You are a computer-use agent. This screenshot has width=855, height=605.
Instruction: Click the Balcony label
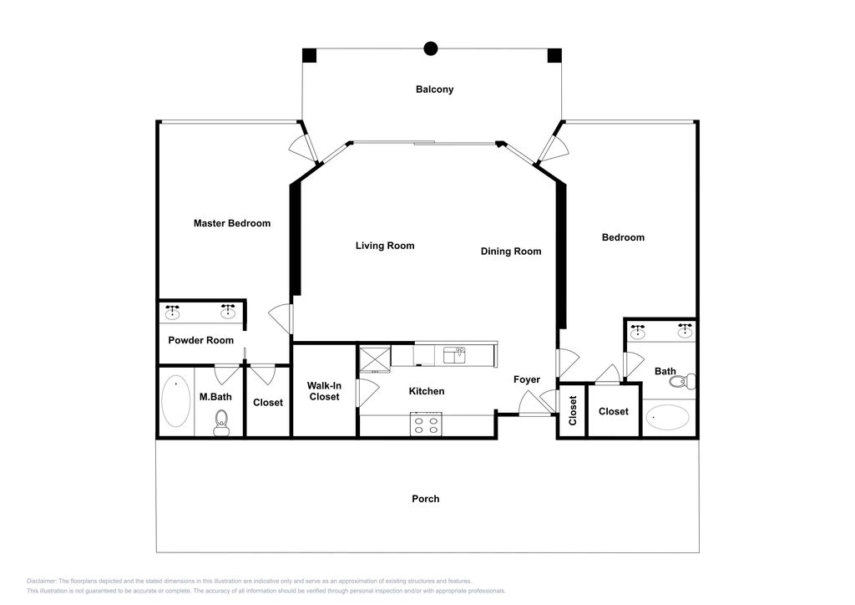pos(435,89)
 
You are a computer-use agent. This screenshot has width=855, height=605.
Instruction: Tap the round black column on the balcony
pos(431,48)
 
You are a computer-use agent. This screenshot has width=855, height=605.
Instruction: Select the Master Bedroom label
pos(232,223)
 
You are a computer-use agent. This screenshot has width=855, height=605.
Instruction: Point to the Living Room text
pos(385,246)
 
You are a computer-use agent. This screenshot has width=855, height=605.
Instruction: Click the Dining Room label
pos(511,252)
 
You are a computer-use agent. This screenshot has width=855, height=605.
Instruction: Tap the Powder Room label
pos(201,340)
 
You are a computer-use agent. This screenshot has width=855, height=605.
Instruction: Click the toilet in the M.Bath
pos(222,420)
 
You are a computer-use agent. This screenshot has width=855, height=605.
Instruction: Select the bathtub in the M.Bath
pos(176,402)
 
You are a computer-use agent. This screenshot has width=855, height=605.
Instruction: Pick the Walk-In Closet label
pos(324,391)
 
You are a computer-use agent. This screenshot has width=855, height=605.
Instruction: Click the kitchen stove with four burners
pos(426,424)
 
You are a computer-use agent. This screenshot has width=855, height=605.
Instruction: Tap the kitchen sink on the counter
pos(454,355)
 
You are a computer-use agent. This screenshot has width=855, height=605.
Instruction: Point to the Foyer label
pos(527,379)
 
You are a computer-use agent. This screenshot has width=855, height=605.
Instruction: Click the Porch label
pos(426,499)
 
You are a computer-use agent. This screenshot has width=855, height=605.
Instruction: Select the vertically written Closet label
pos(573,410)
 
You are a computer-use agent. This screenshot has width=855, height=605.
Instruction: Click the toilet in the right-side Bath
pos(685,382)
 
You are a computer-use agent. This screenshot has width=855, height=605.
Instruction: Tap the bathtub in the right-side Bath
pos(669,418)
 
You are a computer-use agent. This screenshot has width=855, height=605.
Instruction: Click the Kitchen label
pos(427,391)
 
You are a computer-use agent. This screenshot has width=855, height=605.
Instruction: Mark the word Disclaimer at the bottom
pos(42,582)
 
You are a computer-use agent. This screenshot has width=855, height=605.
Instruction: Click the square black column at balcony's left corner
pos(310,56)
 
